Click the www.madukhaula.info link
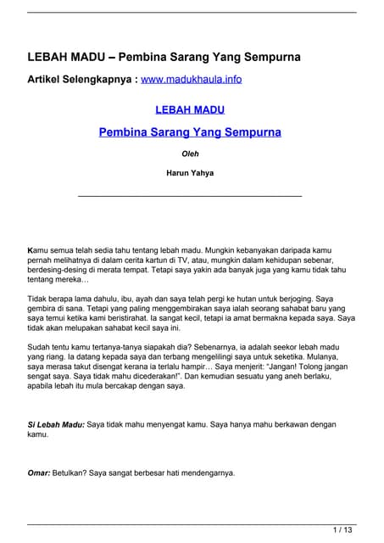tap(192, 80)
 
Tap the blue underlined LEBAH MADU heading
tap(191, 110)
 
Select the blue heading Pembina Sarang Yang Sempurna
tap(191, 132)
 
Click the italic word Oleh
tap(191, 154)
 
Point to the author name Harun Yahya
tap(191, 174)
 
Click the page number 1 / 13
tap(343, 530)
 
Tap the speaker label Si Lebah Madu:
tap(56, 424)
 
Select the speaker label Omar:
tap(40, 473)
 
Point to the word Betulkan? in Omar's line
tap(74, 473)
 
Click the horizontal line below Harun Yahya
tap(190, 196)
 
